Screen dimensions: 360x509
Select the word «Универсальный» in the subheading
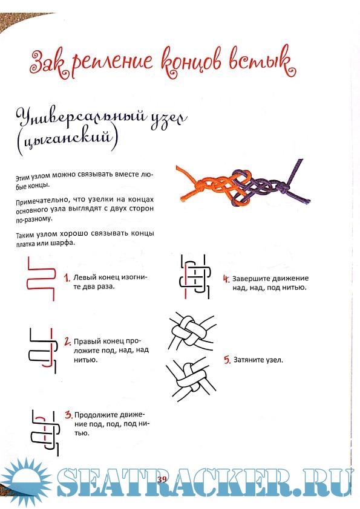[81, 118]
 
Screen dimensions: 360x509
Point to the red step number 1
[67, 278]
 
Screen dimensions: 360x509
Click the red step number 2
[68, 342]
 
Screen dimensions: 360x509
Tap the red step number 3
[68, 415]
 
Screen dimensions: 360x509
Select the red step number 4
[226, 279]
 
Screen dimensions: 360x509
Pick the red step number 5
[227, 360]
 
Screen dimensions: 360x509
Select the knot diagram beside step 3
[45, 432]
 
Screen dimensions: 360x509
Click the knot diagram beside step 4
[195, 277]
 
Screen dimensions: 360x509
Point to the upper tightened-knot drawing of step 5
[192, 332]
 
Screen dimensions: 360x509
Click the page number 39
[162, 480]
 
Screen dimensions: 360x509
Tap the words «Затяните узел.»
[258, 360]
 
